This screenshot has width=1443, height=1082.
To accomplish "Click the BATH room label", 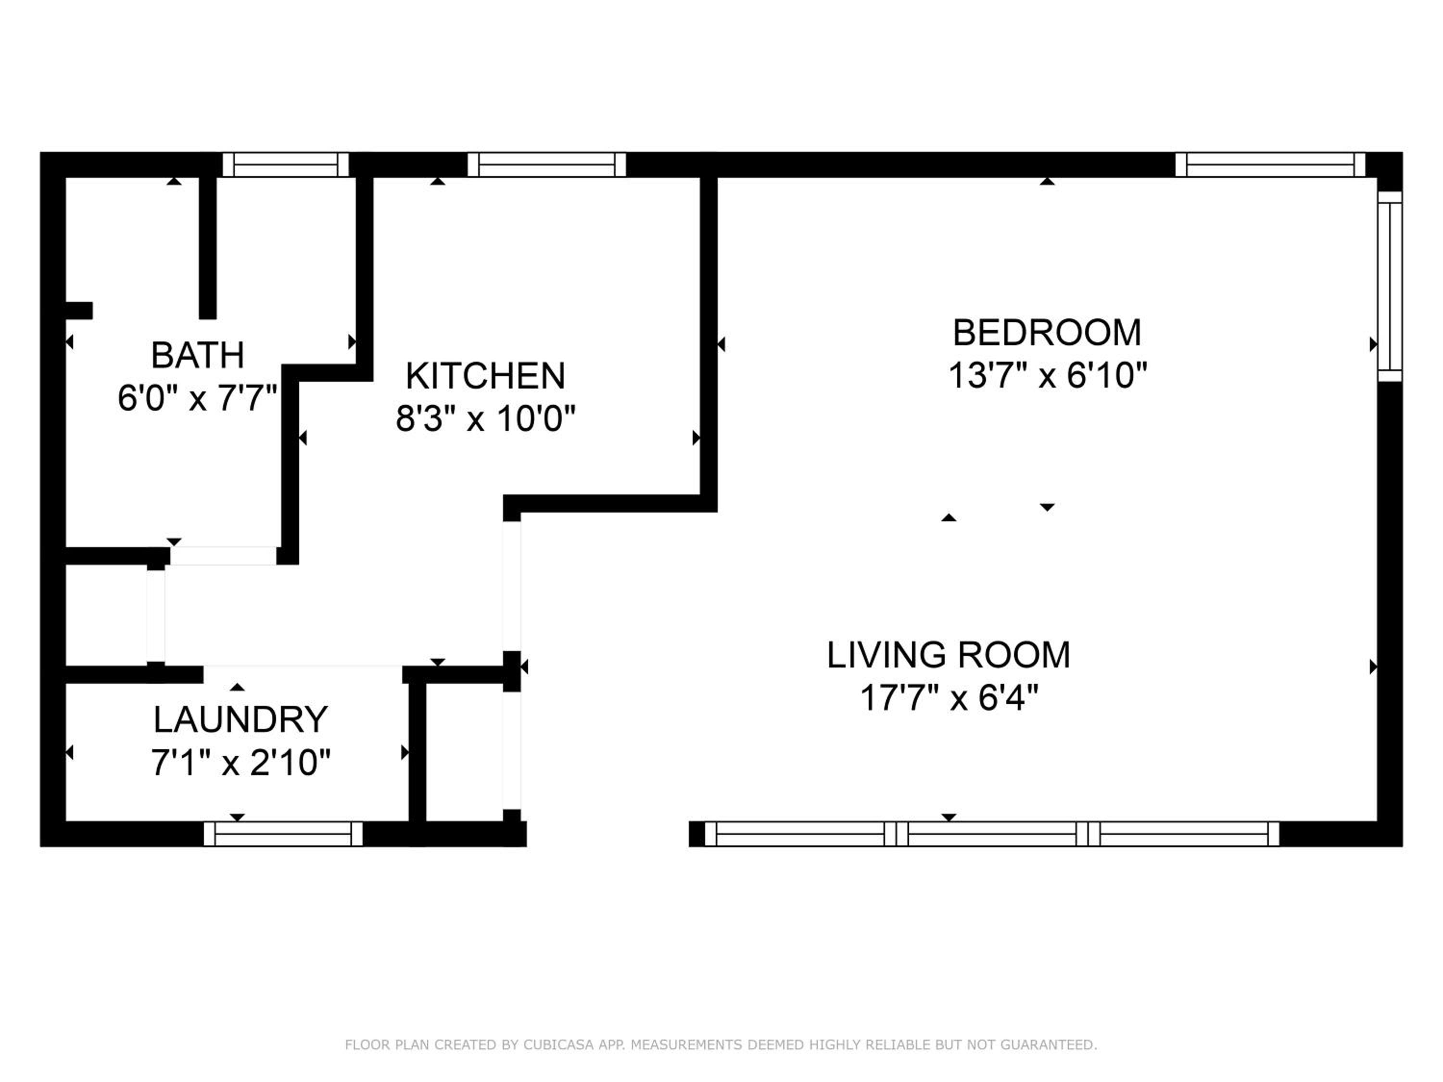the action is (x=198, y=355).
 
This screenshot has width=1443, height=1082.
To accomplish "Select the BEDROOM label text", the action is (x=1047, y=333).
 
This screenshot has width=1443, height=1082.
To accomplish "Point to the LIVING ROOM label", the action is (x=949, y=655).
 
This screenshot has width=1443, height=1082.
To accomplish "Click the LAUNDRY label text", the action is (x=240, y=719).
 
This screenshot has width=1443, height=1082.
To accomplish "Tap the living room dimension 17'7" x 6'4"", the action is (x=949, y=698).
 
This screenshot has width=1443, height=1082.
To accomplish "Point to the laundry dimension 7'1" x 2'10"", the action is (x=240, y=762).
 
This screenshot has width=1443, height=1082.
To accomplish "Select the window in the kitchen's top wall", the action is (x=547, y=164).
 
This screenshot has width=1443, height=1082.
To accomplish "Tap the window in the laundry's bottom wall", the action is (x=283, y=833).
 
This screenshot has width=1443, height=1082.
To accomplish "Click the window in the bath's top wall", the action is (x=286, y=164).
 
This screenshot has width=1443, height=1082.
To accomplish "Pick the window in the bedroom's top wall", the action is (x=1270, y=164).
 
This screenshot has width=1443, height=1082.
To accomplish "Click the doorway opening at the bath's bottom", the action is (x=224, y=556).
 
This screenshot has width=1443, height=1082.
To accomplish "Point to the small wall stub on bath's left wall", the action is (x=79, y=311).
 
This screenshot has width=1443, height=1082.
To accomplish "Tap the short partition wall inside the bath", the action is (x=207, y=248).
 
